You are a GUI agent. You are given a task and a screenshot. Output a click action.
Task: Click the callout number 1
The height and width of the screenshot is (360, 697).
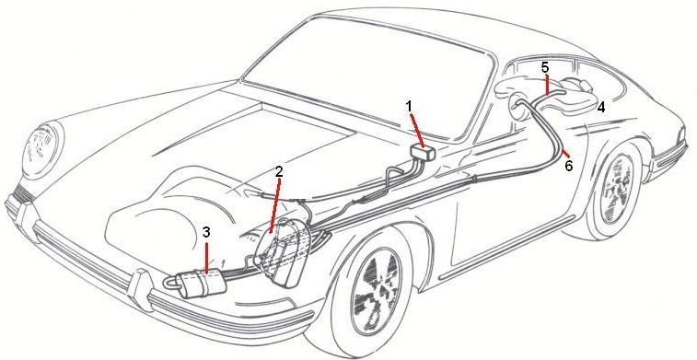coord(409,106)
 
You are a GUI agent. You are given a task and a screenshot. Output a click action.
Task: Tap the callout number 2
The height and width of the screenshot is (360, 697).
coord(279,171)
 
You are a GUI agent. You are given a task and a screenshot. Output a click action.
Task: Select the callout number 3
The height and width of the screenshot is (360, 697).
coord(206,231)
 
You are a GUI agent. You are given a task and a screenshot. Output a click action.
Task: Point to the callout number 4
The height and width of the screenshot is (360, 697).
coord(601,107)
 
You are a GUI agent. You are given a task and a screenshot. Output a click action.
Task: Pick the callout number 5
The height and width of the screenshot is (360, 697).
coord(545,67)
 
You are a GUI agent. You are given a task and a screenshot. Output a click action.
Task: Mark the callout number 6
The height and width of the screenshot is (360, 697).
coord(568,167)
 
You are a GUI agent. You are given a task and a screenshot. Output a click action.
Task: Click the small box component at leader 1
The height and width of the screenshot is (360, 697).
coord(424,154)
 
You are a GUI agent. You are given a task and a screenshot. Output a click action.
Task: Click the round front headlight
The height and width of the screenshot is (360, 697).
coord(43,146)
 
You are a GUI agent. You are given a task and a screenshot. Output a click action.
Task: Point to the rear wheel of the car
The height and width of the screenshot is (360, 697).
coord(617,188)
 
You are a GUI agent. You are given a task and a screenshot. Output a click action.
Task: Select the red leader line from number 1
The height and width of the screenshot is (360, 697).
coord(417,131)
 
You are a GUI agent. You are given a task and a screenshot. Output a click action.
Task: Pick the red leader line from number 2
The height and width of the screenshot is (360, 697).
coord(275,205)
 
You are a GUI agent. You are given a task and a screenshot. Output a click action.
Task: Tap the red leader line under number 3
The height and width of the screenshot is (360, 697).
coord(206,256)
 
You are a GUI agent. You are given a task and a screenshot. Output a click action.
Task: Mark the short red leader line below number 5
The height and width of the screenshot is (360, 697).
coord(547,85)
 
